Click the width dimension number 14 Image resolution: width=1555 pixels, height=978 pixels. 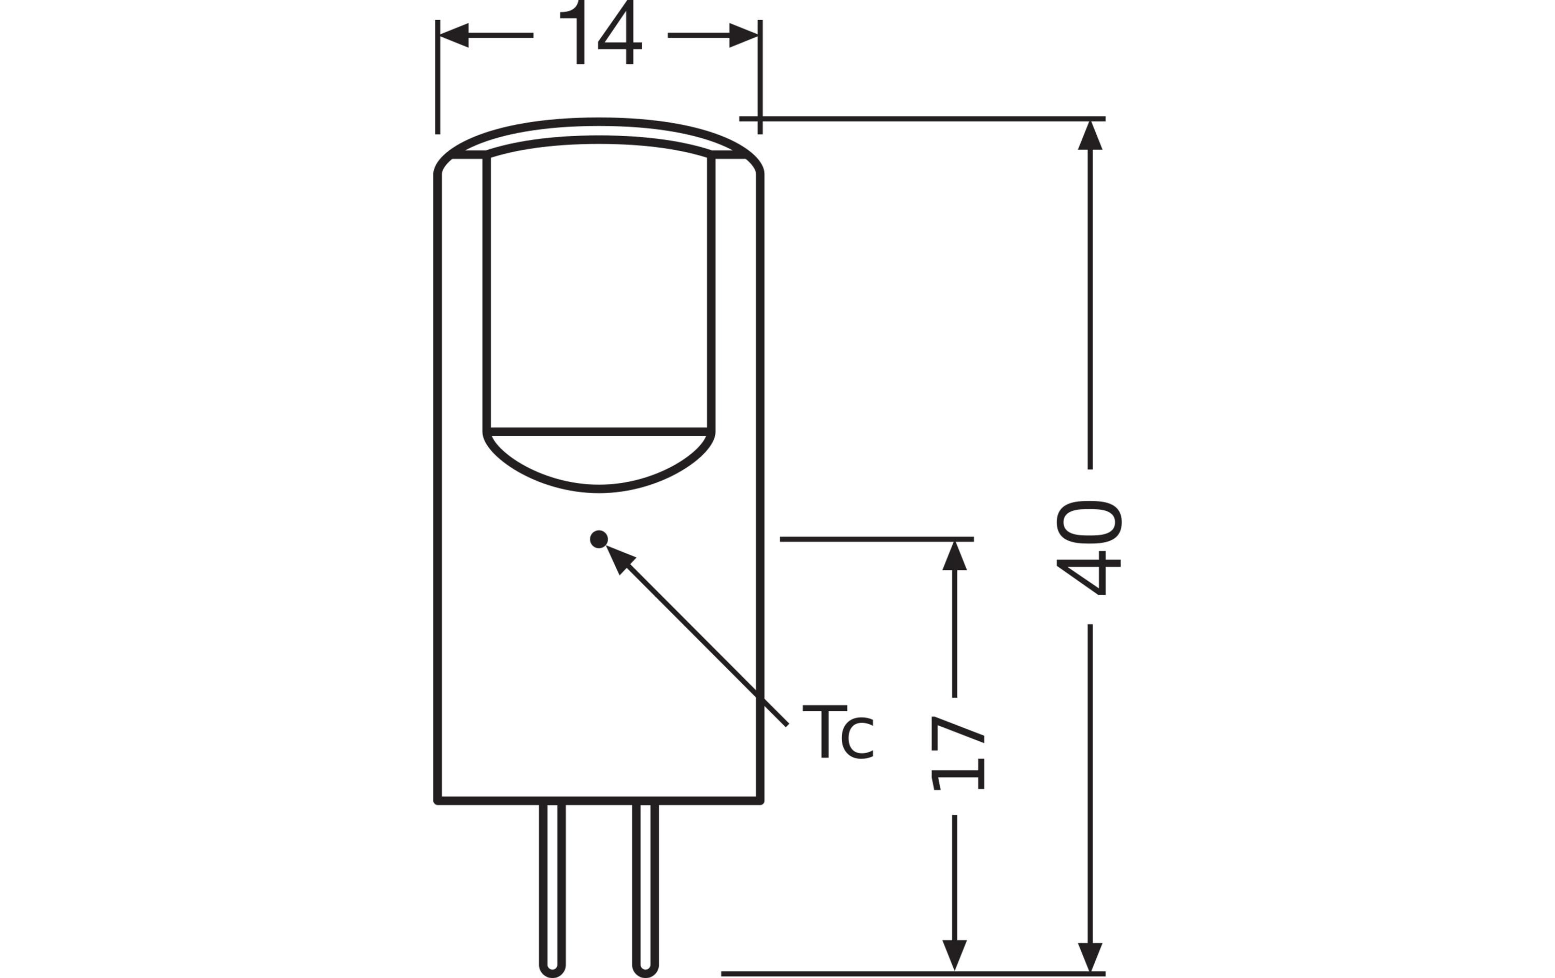pos(601,32)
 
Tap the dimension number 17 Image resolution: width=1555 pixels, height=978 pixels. pos(958,753)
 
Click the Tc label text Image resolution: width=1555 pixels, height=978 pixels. pos(838,732)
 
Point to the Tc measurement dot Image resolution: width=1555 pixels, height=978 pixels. pos(599,539)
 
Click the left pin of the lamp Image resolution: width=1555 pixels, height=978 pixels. pos(552,889)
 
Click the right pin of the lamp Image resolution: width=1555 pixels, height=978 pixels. pos(645,889)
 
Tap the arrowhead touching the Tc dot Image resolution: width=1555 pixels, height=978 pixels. pos(619,558)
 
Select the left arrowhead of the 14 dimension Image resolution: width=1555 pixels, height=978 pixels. pos(454,36)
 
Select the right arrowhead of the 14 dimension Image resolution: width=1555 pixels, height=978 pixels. pos(743,36)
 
